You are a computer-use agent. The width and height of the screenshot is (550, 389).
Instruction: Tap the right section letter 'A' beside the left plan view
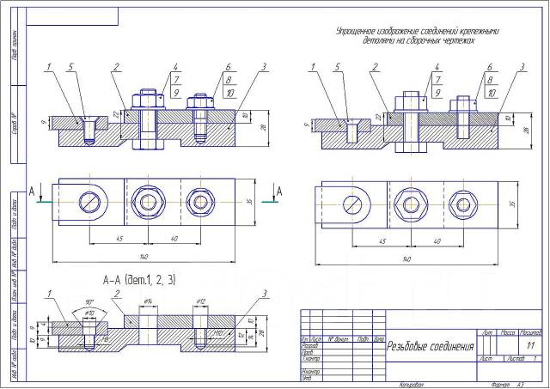[278, 190]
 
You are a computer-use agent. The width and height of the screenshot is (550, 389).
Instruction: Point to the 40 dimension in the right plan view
[439, 241]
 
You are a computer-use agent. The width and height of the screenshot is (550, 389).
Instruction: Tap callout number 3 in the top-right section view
[523, 66]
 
